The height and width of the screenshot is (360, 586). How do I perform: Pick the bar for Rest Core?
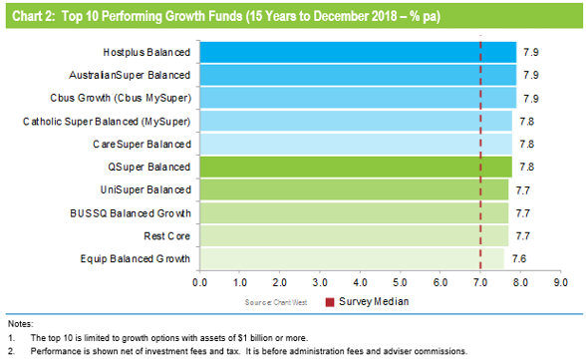coord(353,235)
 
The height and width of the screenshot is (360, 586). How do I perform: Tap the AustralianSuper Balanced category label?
coord(129,75)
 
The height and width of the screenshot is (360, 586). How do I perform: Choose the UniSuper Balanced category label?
coord(145,189)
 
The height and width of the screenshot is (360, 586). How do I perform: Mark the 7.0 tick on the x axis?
coord(480,283)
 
